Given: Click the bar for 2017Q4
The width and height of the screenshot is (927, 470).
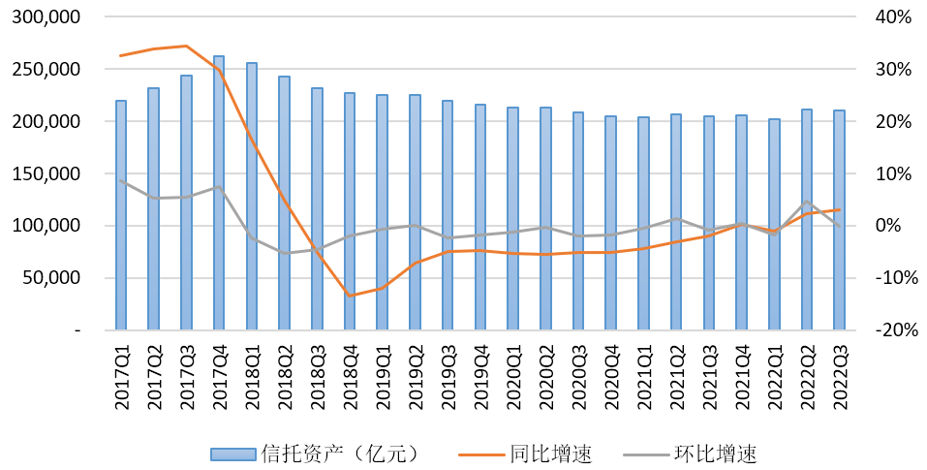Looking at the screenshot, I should pyautogui.click(x=219, y=194).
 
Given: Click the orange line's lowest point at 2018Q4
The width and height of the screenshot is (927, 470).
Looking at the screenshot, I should pyautogui.click(x=350, y=296).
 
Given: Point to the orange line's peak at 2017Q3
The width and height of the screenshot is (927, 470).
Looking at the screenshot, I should pyautogui.click(x=186, y=46).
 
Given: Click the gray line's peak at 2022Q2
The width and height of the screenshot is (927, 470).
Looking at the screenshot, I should pyautogui.click(x=807, y=202).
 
